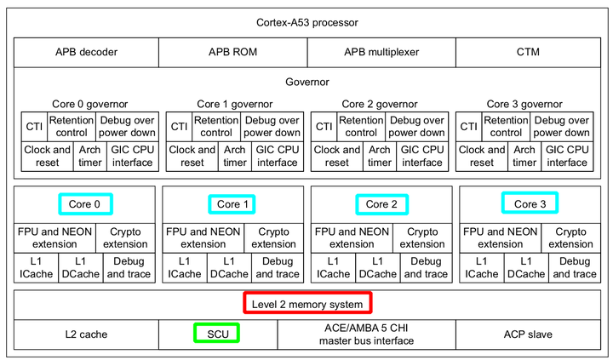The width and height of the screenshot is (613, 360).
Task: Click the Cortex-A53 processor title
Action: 306,20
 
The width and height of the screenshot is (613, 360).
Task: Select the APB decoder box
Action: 86,52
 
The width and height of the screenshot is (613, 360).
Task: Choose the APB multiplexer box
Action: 381,52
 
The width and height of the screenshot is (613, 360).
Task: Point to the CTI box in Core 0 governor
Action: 34,127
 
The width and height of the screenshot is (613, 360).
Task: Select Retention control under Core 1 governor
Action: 216,127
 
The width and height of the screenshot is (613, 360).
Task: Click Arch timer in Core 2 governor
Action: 380,156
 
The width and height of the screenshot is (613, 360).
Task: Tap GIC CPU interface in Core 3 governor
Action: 567,156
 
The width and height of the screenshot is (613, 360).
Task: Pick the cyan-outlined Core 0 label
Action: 85,204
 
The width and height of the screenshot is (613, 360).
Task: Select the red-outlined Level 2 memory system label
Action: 306,304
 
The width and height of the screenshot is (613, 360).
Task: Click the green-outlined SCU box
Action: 216,334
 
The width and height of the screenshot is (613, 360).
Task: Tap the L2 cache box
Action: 86,334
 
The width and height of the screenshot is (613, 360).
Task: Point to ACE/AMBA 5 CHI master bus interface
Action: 366,334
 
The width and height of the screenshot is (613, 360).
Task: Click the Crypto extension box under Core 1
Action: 274,237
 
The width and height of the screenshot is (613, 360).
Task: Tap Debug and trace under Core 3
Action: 574,267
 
